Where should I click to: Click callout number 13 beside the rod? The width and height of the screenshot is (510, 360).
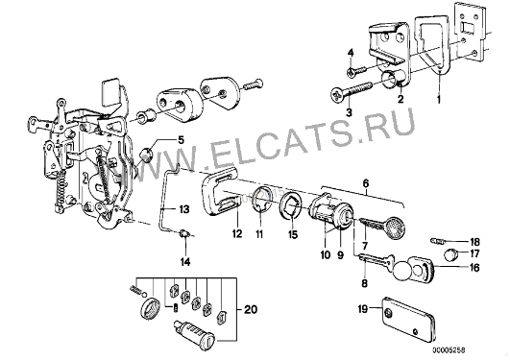point(184,208)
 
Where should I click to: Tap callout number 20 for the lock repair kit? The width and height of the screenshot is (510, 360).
point(251,309)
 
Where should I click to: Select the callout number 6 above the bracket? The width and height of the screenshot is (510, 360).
point(366,183)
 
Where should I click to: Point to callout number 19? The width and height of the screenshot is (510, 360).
point(363,308)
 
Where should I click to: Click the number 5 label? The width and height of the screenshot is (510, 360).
point(181,140)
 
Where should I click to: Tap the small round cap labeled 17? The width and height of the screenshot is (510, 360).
point(450,253)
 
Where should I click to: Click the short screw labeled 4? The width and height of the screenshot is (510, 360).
point(357,71)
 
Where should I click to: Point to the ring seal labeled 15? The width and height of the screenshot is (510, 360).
point(291,206)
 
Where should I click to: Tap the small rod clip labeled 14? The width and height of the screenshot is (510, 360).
point(184,233)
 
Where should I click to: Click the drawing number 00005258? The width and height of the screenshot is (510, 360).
point(449,350)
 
